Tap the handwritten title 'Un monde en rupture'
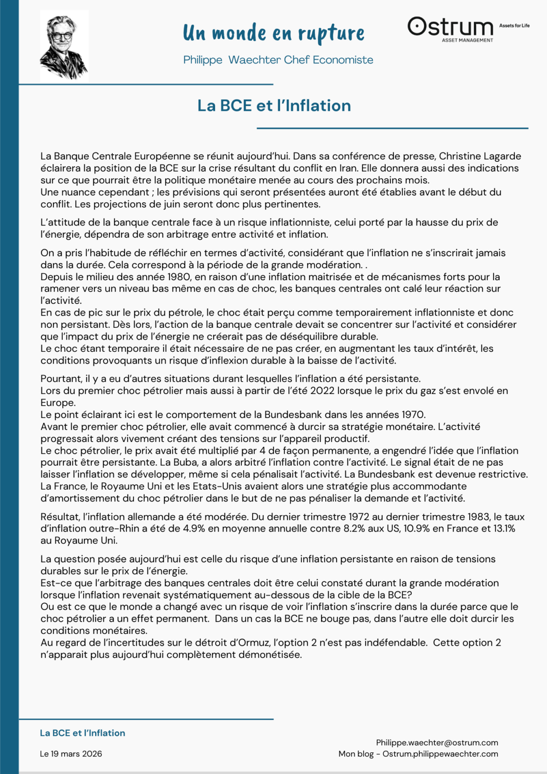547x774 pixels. click(273, 33)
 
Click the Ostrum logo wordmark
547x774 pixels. click(450, 27)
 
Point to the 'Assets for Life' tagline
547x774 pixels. click(514, 25)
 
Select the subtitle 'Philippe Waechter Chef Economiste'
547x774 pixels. click(278, 60)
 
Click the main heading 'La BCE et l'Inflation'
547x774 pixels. click(274, 105)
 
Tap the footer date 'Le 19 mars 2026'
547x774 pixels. click(71, 754)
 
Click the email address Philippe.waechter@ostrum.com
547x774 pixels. click(437, 743)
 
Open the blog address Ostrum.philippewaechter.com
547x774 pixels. click(440, 754)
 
